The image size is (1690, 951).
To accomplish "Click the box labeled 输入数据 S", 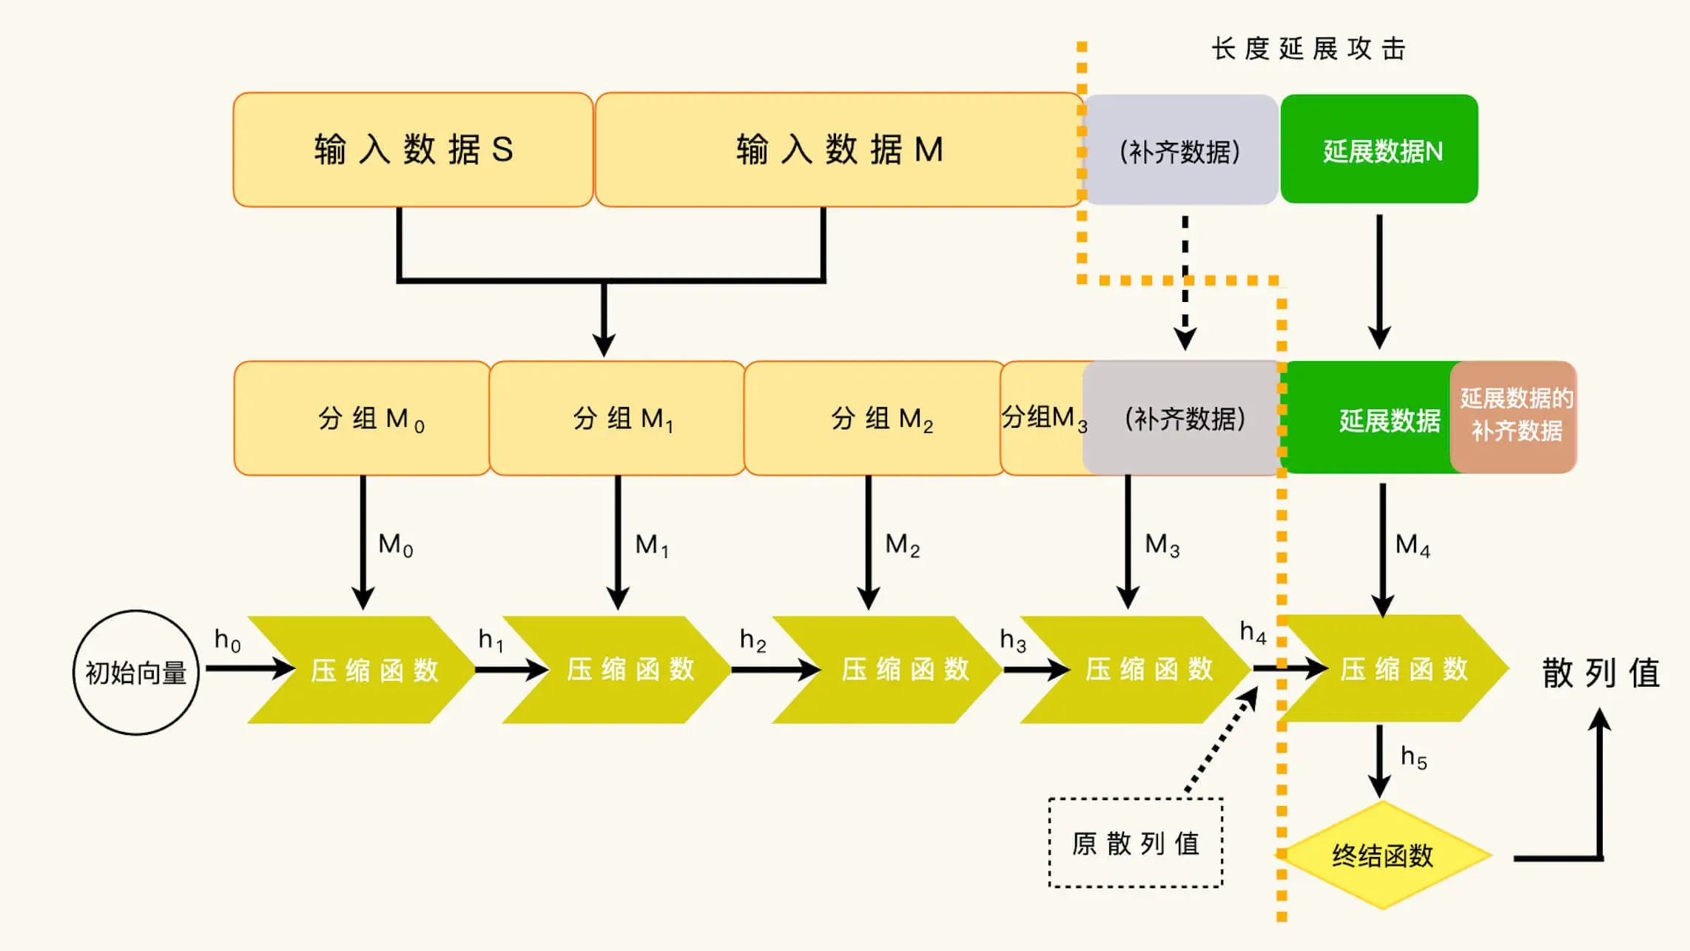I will click(413, 149).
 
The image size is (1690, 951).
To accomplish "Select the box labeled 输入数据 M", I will click(838, 149).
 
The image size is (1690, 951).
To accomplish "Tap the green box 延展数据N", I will click(1380, 149).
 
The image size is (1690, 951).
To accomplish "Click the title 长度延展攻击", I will click(1308, 49).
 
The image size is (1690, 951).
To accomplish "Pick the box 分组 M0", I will click(362, 418).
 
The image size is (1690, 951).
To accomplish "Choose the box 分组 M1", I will click(617, 418).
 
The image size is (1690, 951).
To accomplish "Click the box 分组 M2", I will click(873, 418).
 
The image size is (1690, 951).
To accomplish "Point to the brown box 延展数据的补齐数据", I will click(1515, 416).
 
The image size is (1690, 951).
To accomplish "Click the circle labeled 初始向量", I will click(136, 673).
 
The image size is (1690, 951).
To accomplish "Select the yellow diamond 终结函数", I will click(1382, 856).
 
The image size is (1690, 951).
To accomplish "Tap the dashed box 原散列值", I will click(1135, 843).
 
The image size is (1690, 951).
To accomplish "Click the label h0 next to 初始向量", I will click(227, 639).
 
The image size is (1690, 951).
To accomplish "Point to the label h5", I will click(1413, 757).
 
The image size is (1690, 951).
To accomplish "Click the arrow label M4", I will click(1412, 545).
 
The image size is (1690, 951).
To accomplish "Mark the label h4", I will click(1253, 632).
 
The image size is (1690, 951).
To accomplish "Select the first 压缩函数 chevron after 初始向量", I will click(363, 670).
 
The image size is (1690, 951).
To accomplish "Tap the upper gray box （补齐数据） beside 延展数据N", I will click(1180, 150).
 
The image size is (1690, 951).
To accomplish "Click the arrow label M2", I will click(902, 545).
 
